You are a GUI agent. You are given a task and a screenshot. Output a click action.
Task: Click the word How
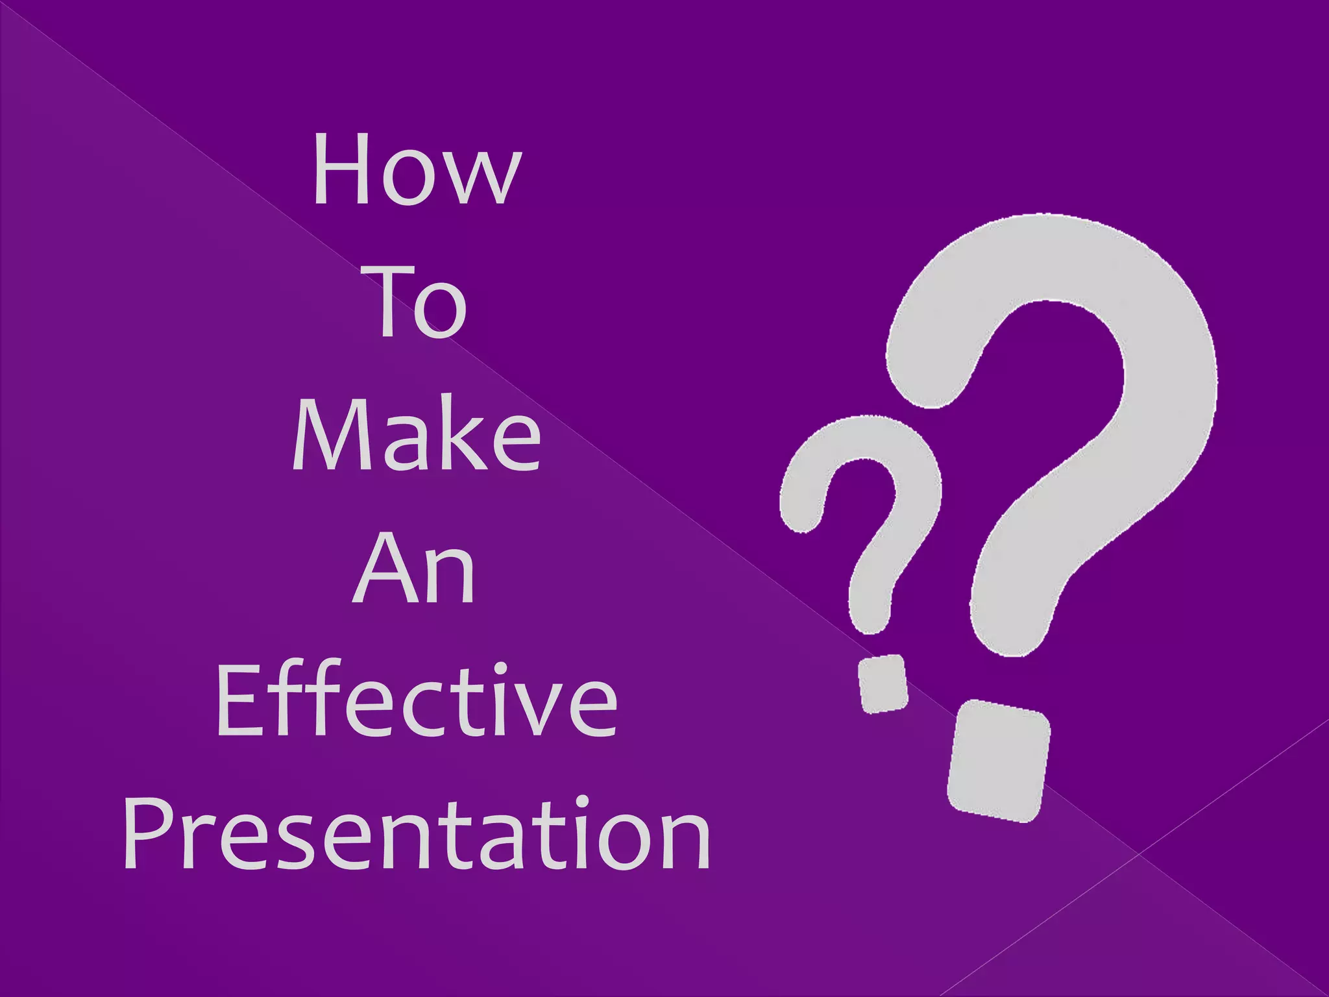point(416,170)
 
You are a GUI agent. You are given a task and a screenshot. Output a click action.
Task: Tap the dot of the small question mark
point(883,683)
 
